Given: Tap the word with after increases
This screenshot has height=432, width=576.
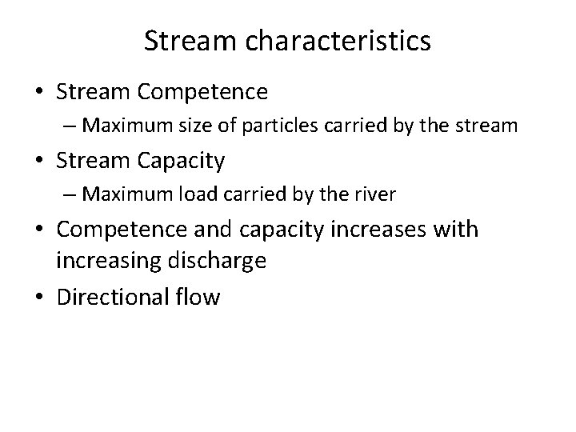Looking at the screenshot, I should point(455,230).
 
